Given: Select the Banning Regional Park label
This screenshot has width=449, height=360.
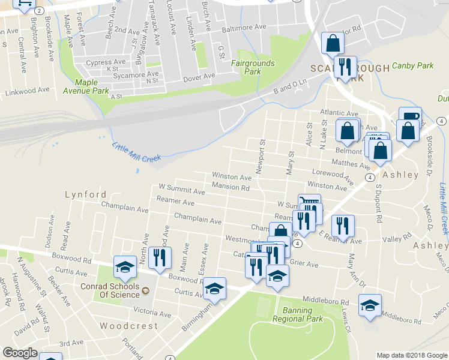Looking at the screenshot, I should (297, 314).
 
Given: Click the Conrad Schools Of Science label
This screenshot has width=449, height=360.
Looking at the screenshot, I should (110, 290).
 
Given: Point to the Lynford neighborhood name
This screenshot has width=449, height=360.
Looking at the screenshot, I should (86, 194).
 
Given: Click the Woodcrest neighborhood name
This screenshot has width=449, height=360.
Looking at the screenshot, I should (128, 326).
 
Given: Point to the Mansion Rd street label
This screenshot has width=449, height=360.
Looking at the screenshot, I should (231, 188).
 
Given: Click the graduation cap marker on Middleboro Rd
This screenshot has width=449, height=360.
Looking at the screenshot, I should (370, 305).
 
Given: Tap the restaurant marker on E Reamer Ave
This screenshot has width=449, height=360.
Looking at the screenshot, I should (343, 226).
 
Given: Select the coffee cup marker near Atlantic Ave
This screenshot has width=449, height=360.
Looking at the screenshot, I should (410, 118).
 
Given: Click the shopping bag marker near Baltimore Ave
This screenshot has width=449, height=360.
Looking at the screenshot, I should (333, 43).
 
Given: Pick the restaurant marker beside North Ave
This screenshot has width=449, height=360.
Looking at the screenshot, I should (159, 258).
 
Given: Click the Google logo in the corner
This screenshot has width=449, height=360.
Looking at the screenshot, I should (20, 353).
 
